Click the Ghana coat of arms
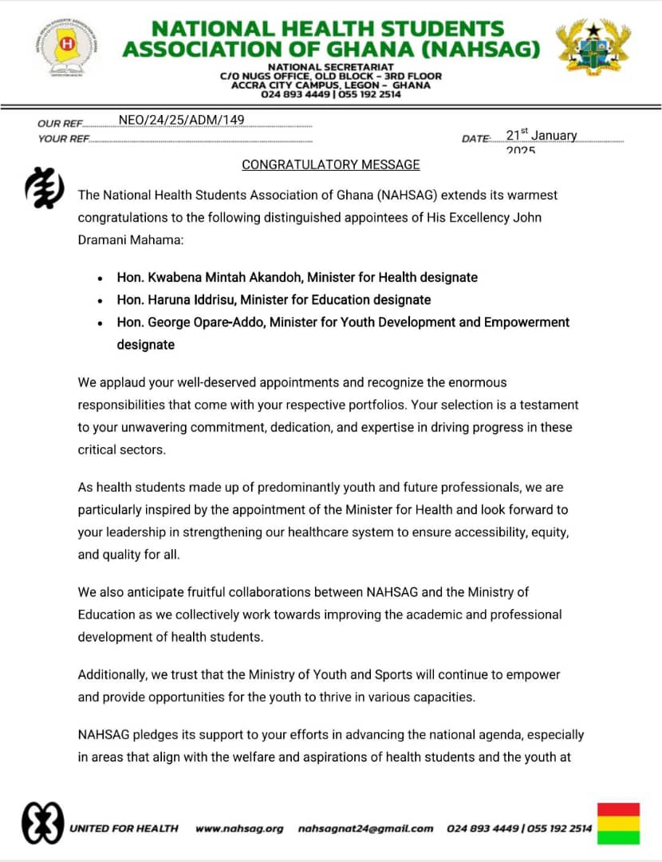coord(593,49)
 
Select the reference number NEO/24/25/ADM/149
coord(181,121)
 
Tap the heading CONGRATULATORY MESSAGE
coord(330,164)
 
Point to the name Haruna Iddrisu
coord(189,300)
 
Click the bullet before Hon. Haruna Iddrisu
coord(99,301)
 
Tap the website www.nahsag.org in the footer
coord(239,828)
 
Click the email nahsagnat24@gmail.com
coord(365,828)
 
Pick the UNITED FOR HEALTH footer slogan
coord(124,828)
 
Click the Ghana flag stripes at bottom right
coord(618,823)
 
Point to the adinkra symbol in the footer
coord(42,821)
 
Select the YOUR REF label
coord(63,139)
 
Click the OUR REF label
coord(60,124)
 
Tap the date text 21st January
coord(542,136)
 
